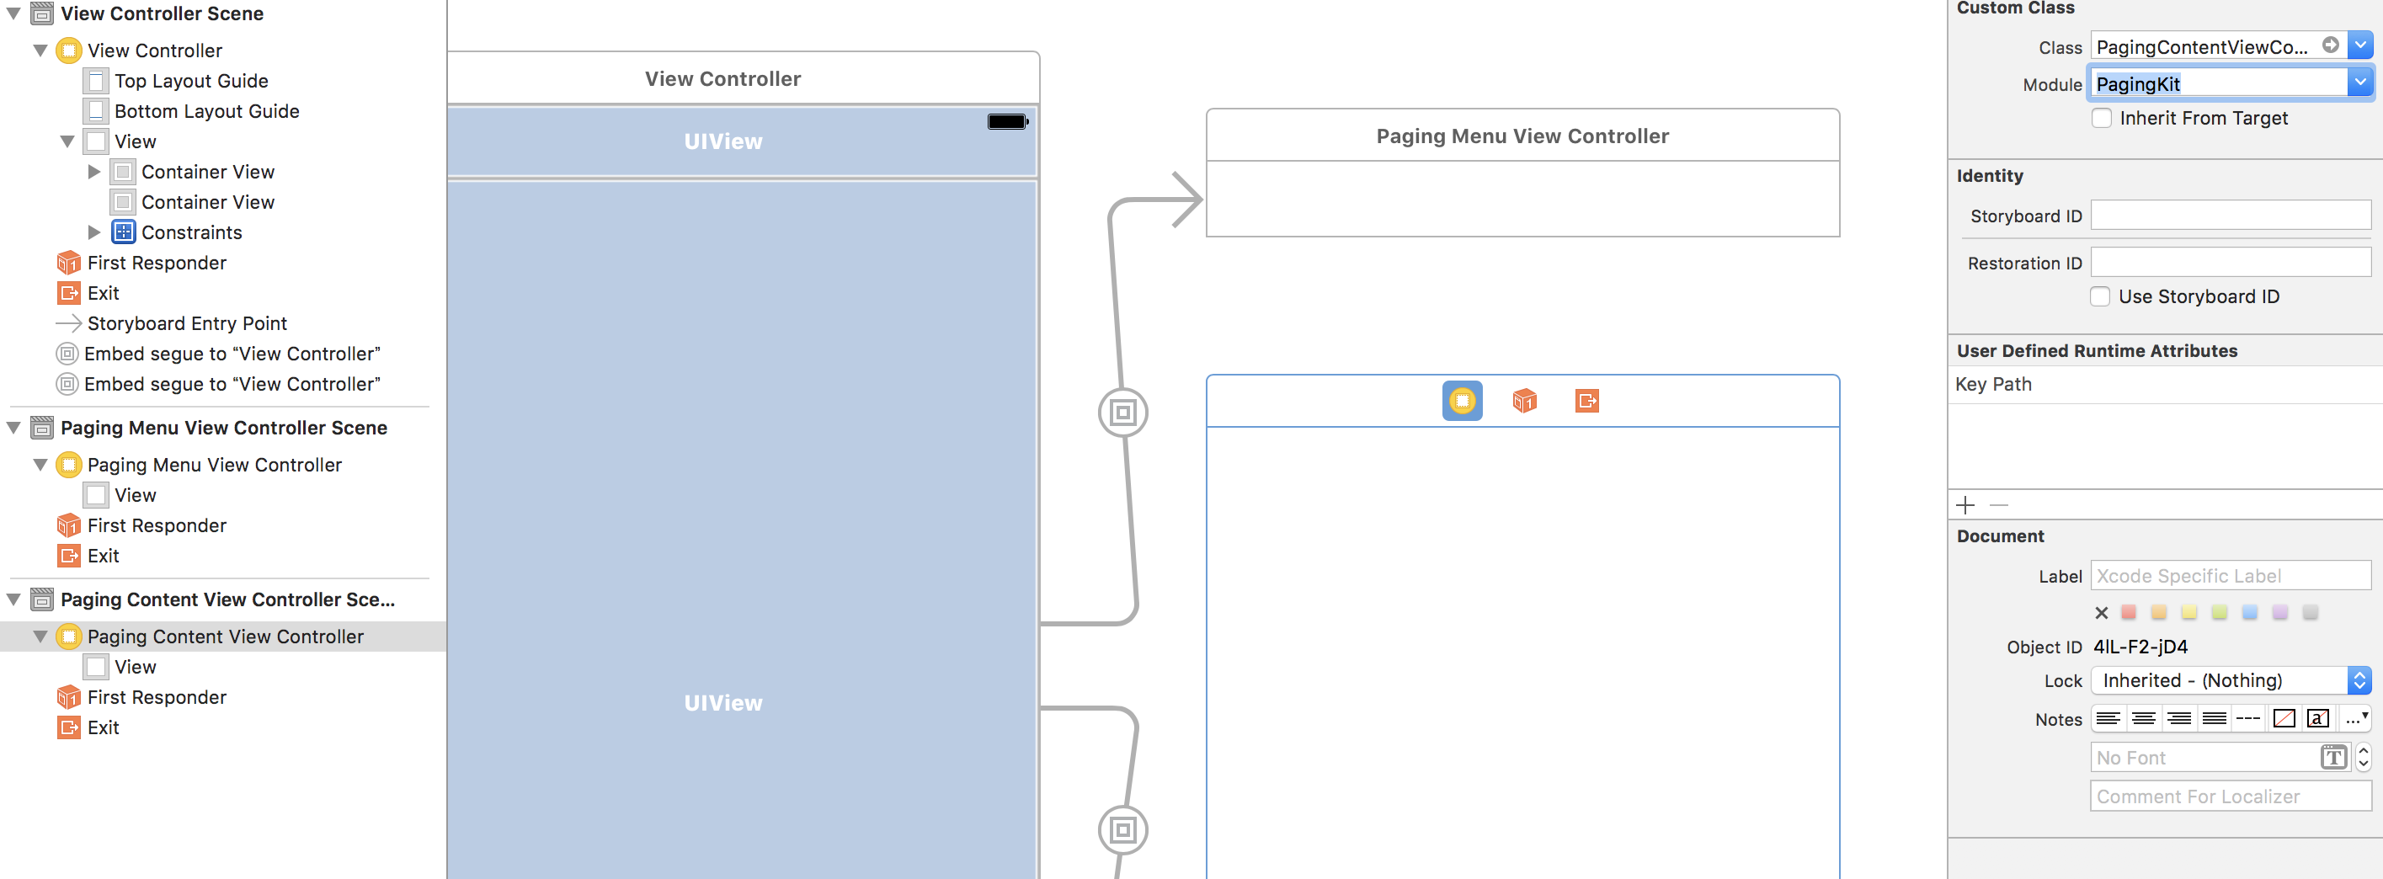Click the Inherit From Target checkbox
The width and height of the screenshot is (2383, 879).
pyautogui.click(x=2102, y=119)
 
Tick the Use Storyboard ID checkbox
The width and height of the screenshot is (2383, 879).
pyautogui.click(x=2100, y=297)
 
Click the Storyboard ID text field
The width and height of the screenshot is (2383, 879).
pyautogui.click(x=2231, y=216)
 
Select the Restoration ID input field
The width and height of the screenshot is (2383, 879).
pyautogui.click(x=2231, y=263)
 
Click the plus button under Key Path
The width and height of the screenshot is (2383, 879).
pyautogui.click(x=1966, y=505)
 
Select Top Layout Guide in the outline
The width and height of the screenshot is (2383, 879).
pyautogui.click(x=190, y=82)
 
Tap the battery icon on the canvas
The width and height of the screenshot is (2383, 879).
pyautogui.click(x=1007, y=121)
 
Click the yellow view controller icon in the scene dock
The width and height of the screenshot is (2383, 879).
pyautogui.click(x=1462, y=401)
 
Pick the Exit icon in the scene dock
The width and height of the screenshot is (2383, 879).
pyautogui.click(x=1587, y=401)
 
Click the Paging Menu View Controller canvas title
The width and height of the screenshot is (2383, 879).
pyautogui.click(x=1522, y=136)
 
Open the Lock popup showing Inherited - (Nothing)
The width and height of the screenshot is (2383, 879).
pyautogui.click(x=2231, y=680)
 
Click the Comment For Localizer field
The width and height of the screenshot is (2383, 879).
pyautogui.click(x=2231, y=796)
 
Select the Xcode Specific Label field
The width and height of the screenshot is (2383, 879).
pyautogui.click(x=2231, y=576)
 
